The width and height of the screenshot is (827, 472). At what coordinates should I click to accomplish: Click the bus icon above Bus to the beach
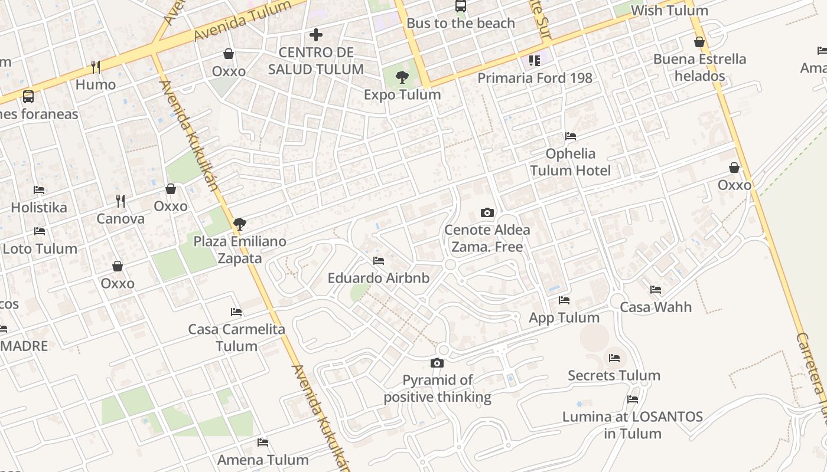[x=461, y=6]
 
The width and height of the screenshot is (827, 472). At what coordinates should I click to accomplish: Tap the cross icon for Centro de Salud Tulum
[x=316, y=35]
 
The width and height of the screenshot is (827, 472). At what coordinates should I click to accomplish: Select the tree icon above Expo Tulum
[x=402, y=77]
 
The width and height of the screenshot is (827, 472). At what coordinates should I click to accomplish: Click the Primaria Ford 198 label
[x=534, y=78]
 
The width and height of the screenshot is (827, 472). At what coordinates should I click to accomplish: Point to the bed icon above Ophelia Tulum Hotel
[x=570, y=136]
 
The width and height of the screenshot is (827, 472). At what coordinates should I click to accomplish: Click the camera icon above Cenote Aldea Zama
[x=487, y=212]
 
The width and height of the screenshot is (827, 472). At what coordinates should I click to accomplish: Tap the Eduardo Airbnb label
[x=378, y=278]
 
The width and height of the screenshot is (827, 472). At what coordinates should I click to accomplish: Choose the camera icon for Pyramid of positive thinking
[x=437, y=363]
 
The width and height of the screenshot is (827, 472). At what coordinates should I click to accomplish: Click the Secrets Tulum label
[x=614, y=375]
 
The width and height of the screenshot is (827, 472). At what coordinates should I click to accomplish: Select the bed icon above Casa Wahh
[x=655, y=290]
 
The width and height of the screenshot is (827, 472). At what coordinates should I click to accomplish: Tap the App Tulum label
[x=564, y=317]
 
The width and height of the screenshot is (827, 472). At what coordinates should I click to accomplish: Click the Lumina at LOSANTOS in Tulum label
[x=632, y=425]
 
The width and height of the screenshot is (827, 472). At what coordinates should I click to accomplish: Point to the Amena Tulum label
[x=263, y=460]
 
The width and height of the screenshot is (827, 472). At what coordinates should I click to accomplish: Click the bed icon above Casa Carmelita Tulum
[x=236, y=312]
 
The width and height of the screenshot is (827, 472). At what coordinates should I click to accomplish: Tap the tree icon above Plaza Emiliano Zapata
[x=239, y=224]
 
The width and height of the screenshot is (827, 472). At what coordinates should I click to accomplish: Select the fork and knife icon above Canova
[x=121, y=201]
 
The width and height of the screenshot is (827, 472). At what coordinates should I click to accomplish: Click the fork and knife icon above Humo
[x=95, y=67]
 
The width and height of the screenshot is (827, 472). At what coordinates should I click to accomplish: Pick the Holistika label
[x=39, y=208]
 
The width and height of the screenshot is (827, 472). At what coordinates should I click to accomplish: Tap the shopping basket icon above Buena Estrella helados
[x=699, y=42]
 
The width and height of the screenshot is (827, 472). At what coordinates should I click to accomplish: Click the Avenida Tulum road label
[x=242, y=21]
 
